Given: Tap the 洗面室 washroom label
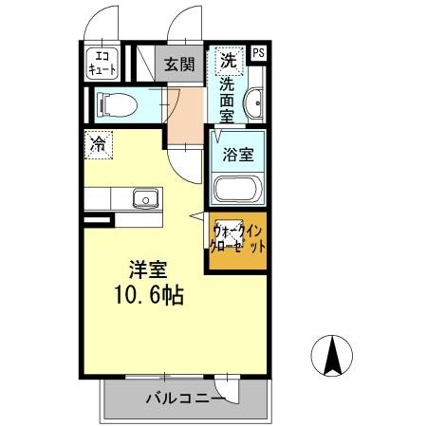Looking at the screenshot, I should (x=228, y=99).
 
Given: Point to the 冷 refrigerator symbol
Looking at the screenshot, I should (x=98, y=144).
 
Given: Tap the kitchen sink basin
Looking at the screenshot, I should (x=145, y=198).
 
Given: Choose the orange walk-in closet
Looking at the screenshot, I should (x=238, y=240).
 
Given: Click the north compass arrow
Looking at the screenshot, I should (x=334, y=357).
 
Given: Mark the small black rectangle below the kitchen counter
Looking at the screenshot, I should (x=95, y=221).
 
